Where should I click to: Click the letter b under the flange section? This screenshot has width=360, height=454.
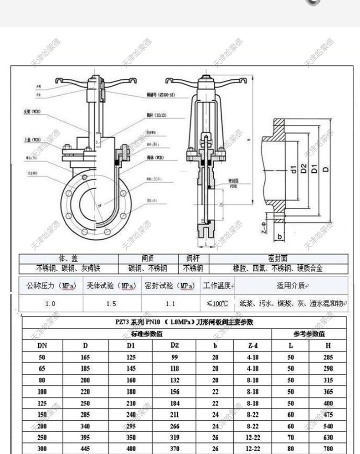click(280, 237)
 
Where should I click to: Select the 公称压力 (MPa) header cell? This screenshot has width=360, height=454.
click(51, 286)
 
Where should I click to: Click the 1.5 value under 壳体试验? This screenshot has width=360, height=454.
click(112, 303)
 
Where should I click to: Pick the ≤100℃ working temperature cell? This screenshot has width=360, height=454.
click(217, 303)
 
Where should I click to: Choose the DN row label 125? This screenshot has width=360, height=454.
click(42, 403)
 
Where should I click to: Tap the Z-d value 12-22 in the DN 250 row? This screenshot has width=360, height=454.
click(252, 438)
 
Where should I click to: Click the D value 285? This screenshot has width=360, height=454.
click(85, 415)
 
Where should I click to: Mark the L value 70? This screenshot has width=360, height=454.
click(291, 438)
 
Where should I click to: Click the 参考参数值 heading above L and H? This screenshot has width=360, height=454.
click(309, 334)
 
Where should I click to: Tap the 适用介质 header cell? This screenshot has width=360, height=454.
click(291, 286)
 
